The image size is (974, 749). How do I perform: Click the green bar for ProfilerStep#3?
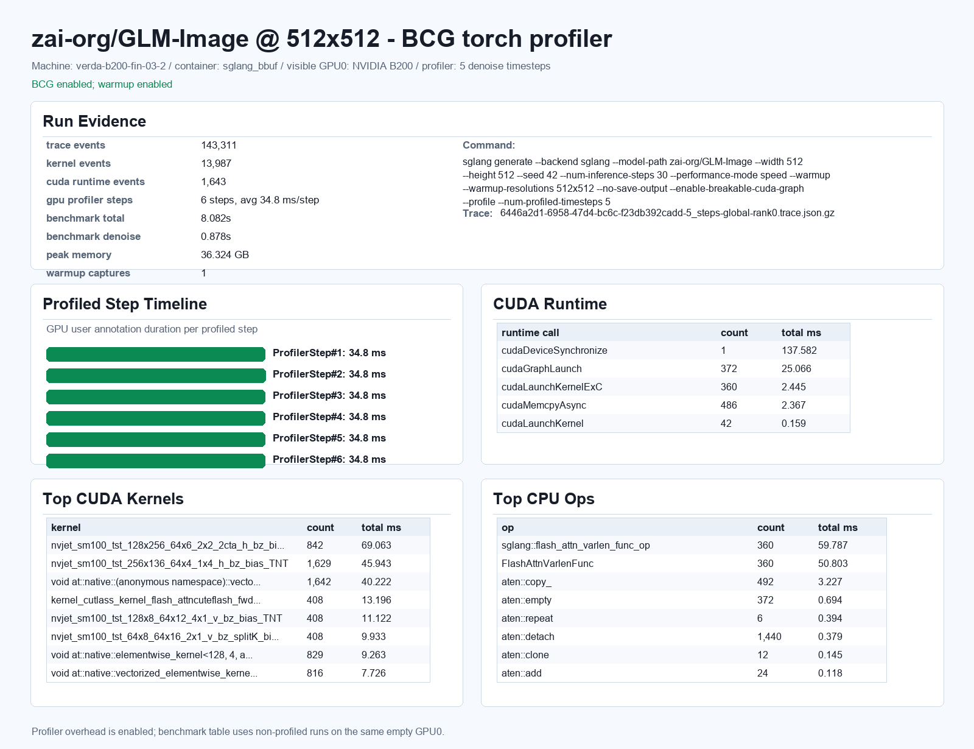coord(155,396)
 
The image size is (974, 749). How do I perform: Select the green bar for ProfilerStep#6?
coord(155,461)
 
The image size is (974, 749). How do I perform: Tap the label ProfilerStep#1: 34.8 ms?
coord(329,353)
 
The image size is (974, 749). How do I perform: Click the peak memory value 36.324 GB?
coord(225,255)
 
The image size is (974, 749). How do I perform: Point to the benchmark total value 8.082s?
coord(215,218)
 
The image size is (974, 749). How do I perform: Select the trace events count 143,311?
coord(219,145)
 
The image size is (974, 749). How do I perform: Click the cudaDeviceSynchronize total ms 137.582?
coord(799,351)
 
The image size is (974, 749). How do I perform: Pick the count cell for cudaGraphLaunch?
coord(729,368)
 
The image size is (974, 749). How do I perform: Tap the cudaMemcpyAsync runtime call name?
coord(543,405)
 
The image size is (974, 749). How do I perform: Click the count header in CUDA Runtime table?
coord(734,332)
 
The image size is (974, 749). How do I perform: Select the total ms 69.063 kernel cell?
coord(376,545)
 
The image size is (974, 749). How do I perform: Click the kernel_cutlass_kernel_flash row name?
coord(155,600)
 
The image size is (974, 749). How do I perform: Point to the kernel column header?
coord(66,527)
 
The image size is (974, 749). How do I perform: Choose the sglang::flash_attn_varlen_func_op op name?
coord(575,545)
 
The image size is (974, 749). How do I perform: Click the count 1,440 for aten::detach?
coord(769,636)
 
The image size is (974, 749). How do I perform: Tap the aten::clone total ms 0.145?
coord(830,655)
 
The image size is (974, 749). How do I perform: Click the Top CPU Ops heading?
coord(544,499)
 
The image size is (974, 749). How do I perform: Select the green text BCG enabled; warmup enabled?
coord(102,84)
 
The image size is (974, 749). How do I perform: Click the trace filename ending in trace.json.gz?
coord(667,213)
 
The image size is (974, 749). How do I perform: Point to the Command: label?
coord(489,145)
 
